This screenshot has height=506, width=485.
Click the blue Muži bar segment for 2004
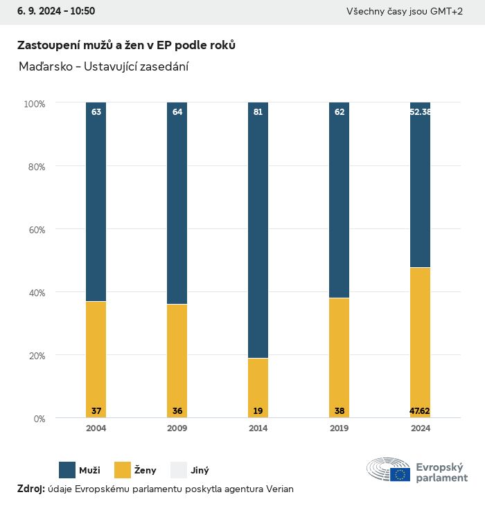[x=96, y=201]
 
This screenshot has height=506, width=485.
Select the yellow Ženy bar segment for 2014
[x=258, y=388]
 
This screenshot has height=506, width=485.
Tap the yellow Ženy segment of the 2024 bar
[x=420, y=343]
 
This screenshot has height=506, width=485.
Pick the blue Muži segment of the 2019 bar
[x=339, y=201]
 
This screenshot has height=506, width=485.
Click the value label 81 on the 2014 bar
[x=258, y=111]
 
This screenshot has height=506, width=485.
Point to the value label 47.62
[x=420, y=411]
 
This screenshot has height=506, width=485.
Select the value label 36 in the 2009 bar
[x=177, y=411]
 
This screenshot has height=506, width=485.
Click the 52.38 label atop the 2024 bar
[x=421, y=111]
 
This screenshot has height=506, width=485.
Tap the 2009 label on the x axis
[x=177, y=428]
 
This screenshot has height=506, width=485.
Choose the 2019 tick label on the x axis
[x=339, y=428]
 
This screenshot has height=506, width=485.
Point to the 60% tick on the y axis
[x=35, y=230]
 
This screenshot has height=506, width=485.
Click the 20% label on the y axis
[x=35, y=356]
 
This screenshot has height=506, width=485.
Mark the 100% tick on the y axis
[x=34, y=104]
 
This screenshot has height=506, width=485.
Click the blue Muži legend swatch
[x=67, y=470]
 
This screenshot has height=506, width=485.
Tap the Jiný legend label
[x=200, y=471]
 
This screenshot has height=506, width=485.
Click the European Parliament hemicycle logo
[x=389, y=469]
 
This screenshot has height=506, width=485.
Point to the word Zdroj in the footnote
[x=30, y=489]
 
